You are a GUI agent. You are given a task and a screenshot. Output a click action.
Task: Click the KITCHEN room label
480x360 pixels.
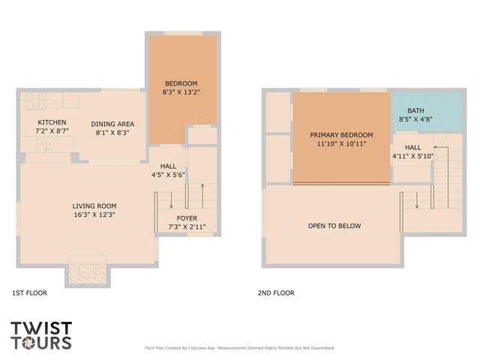coord(52,122)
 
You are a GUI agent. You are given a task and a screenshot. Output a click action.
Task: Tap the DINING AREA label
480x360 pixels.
coord(112,124)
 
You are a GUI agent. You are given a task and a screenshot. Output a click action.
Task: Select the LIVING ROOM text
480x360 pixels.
coord(94,206)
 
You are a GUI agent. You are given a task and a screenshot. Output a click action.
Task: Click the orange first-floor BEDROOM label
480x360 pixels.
coord(181,82)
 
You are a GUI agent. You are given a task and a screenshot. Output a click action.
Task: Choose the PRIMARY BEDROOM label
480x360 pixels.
coord(341,136)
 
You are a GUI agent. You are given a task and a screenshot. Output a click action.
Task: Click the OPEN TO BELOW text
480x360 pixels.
coord(334,226)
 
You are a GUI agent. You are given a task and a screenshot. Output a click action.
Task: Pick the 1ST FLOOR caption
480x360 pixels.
coord(30,293)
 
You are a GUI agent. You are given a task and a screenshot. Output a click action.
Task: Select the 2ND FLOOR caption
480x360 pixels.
coord(277,293)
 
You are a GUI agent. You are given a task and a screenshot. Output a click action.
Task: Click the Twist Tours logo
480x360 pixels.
coord(41,335)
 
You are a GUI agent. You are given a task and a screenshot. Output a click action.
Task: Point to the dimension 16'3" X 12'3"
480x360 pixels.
coord(94,215)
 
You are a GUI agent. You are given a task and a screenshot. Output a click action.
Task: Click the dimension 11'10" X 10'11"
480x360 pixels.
coord(341,145)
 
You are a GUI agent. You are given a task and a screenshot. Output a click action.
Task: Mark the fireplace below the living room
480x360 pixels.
coord(88,271)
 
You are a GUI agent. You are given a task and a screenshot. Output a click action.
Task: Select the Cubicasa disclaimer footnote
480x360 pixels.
coord(239,348)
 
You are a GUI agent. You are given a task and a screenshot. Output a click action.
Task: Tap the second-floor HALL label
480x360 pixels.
coord(412,147)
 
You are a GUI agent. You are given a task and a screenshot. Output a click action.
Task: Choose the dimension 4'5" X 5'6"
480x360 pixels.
coord(168,175)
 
